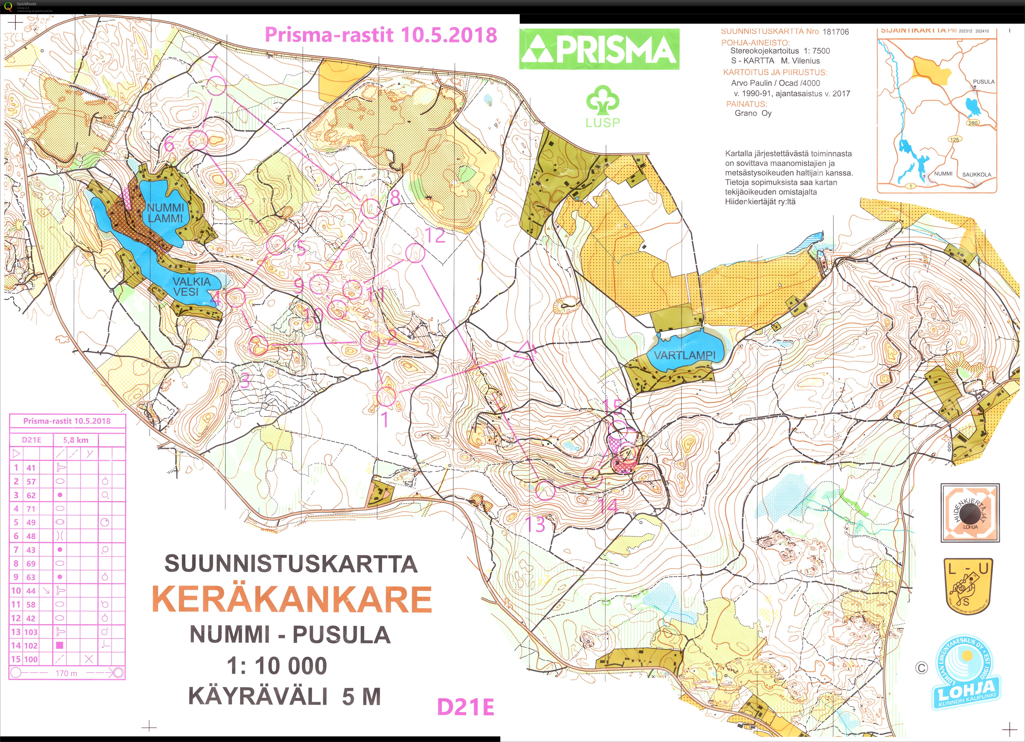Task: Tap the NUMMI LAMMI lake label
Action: (165, 213)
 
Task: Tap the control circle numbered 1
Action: (386, 397)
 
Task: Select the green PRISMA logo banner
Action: (599, 49)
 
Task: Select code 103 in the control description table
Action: (31, 632)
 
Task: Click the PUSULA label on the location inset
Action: (983, 82)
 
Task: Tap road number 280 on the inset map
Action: (973, 123)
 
